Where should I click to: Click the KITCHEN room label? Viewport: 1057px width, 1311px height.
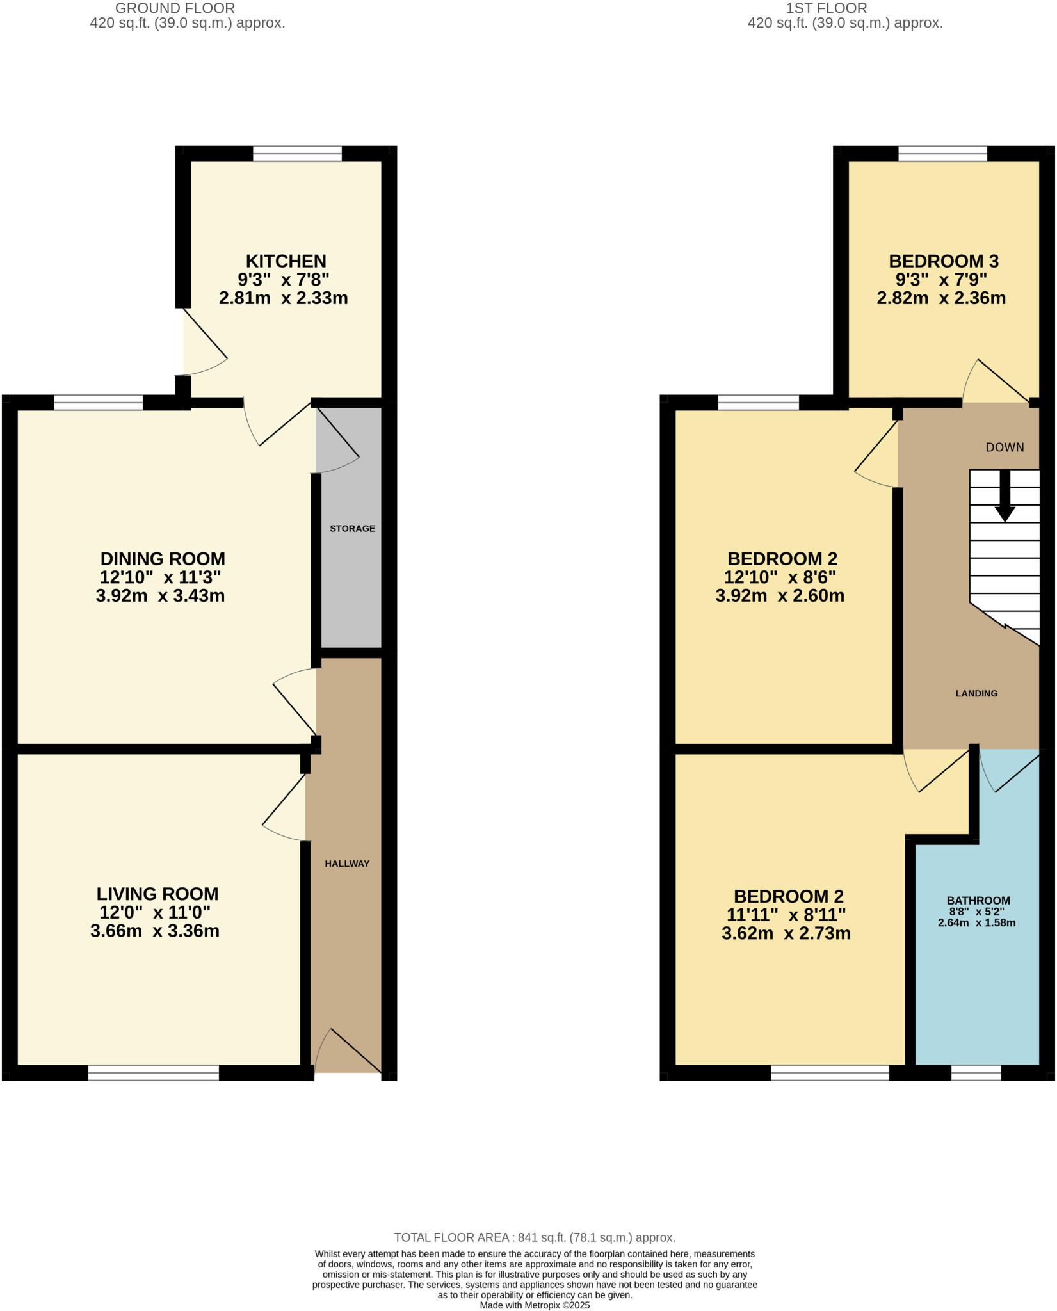[286, 261]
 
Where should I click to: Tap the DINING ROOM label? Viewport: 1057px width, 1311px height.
[163, 559]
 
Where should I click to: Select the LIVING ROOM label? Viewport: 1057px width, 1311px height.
[157, 894]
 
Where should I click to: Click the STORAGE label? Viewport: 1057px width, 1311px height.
[352, 529]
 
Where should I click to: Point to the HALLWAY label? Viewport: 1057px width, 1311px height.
[347, 864]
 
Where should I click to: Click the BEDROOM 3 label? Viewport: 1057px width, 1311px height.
[943, 261]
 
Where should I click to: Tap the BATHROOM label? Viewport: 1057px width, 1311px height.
[979, 901]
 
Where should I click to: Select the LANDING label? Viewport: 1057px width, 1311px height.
[976, 693]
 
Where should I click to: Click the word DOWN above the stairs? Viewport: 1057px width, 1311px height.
[1005, 447]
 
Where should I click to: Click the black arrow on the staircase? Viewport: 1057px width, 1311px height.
[1005, 497]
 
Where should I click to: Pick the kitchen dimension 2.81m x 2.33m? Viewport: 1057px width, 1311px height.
[283, 298]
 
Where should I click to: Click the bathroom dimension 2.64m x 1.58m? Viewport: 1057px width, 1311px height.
[977, 923]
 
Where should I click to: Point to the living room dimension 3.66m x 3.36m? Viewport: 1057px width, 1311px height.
[155, 931]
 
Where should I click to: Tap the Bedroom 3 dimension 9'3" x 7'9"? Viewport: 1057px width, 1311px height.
[940, 280]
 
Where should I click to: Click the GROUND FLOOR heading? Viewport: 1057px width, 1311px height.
[175, 8]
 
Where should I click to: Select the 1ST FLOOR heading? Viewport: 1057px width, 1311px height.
[827, 8]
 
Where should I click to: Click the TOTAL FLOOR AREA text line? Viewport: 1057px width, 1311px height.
[535, 1238]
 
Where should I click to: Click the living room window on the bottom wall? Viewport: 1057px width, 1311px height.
[154, 1074]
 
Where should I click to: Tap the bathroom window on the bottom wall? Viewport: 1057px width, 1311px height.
[976, 1074]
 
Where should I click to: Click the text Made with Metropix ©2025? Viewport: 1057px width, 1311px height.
[535, 1305]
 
